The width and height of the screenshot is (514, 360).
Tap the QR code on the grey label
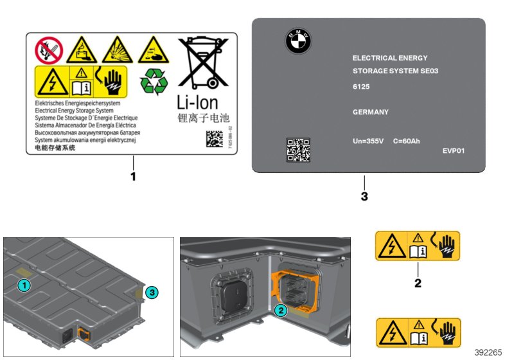(x=297, y=148)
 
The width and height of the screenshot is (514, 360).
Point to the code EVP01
(x=453, y=152)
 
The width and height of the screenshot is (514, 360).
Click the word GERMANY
(x=371, y=112)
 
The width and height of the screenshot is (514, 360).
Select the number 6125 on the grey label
(x=361, y=86)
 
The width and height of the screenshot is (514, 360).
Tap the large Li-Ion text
(x=197, y=103)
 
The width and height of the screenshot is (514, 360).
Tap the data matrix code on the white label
(x=216, y=139)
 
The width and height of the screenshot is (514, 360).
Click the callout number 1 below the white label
(x=134, y=175)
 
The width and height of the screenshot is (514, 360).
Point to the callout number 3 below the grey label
(x=364, y=196)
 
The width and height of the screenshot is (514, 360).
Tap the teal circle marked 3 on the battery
(x=152, y=292)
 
